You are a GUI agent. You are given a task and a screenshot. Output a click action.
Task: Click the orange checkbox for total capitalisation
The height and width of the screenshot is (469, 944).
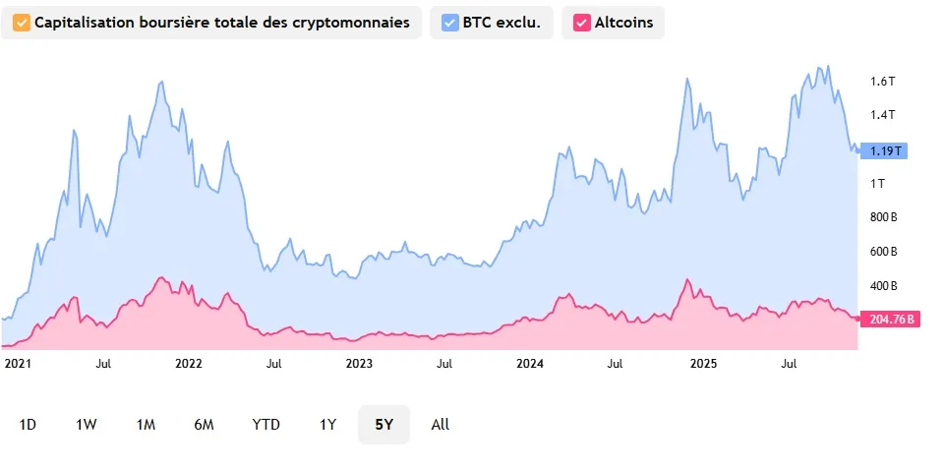point(20,22)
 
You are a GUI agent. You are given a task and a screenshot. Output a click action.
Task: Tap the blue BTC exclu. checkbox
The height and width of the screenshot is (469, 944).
point(450,22)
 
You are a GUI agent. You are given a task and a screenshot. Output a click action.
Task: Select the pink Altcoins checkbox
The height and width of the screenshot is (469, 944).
point(582,22)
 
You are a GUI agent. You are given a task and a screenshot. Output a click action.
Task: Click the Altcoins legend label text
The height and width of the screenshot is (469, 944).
point(623,22)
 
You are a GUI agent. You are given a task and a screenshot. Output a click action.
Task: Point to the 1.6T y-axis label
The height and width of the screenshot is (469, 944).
point(882,82)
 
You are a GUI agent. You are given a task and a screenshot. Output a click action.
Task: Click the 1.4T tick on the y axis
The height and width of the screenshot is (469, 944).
point(882,115)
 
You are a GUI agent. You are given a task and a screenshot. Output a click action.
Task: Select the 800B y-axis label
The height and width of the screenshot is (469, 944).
point(883,217)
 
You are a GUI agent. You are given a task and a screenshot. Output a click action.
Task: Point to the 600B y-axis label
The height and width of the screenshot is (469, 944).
point(883,252)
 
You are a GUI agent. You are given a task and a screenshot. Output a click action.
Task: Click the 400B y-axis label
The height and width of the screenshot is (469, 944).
point(883,286)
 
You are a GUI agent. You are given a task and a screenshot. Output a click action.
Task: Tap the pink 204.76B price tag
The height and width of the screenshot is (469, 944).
point(890,319)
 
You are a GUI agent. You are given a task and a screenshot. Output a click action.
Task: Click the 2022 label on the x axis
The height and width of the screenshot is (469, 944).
point(188,363)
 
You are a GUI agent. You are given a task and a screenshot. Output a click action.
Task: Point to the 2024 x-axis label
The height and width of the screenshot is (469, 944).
point(530,363)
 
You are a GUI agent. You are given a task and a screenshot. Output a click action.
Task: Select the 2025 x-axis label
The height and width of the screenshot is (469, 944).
point(702,363)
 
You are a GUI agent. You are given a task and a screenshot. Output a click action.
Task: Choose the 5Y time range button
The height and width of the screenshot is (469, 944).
point(383,425)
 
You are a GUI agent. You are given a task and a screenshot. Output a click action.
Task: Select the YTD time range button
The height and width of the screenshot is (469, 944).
point(265,425)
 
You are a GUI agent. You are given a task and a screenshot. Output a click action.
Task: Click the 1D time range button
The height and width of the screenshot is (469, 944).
point(28,425)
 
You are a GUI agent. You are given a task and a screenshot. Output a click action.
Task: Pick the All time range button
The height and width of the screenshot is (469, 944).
point(441,425)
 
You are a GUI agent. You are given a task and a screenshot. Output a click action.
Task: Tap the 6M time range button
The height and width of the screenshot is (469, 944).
point(204,425)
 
